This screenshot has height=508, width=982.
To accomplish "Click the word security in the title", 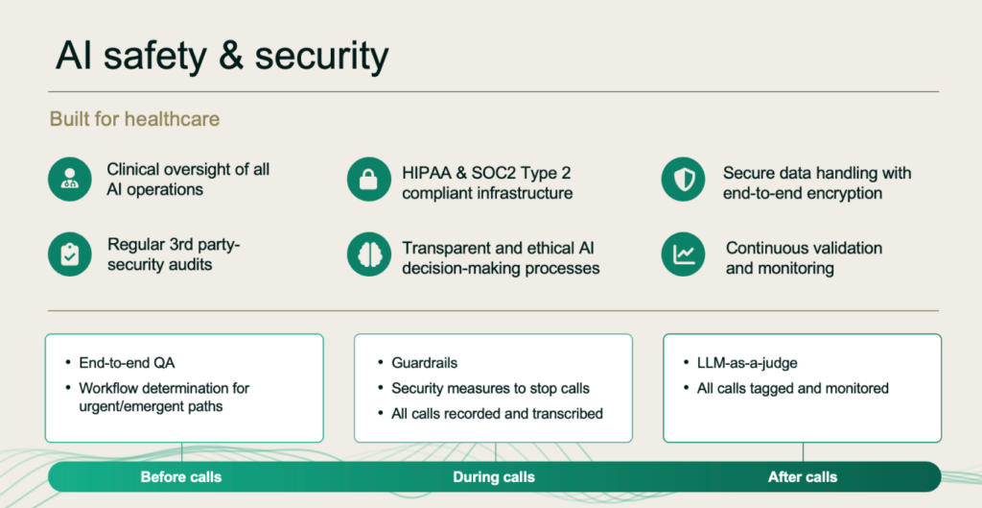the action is click(321, 57).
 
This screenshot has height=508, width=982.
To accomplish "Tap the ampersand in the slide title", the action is click(231, 55).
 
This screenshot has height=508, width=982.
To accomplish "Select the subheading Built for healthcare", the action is click(134, 118).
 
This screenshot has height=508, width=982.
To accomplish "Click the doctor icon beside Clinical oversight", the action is click(69, 180).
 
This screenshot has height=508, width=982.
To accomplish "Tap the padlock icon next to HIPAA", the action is click(369, 180).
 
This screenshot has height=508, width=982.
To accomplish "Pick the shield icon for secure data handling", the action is click(683, 180).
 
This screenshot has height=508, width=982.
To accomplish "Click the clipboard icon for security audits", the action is click(69, 254).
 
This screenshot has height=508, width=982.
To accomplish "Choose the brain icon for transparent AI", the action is click(369, 254).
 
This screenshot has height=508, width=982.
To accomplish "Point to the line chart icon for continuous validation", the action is click(683, 254).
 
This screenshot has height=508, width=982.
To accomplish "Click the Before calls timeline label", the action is click(181, 477).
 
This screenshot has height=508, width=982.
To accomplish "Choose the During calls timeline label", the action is click(494, 477).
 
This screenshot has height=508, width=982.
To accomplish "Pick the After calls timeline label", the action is click(803, 477).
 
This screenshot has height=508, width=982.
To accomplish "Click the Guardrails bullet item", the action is click(425, 363).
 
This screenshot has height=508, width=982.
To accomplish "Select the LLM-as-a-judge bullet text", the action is click(747, 363).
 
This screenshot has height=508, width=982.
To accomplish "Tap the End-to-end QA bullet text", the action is click(128, 363).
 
